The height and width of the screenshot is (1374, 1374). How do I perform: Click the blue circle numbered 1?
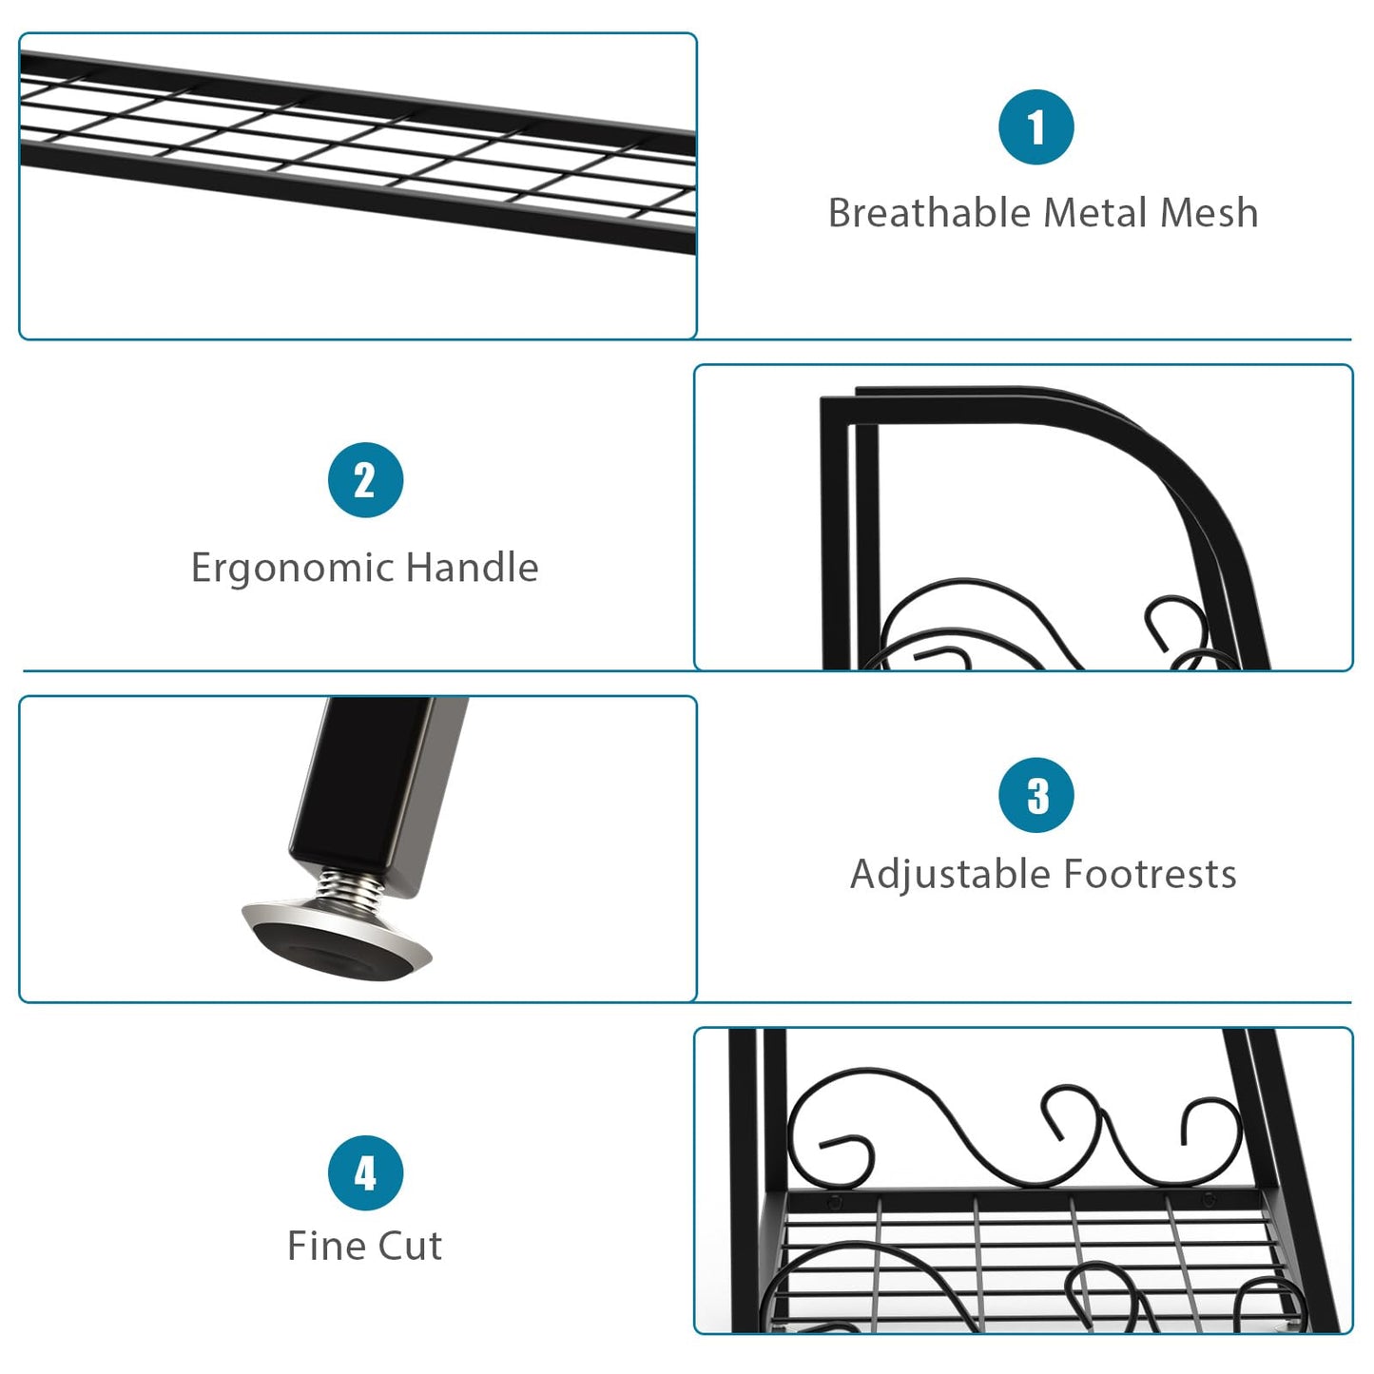coord(1036,126)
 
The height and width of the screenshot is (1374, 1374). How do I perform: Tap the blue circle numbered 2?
coord(366,480)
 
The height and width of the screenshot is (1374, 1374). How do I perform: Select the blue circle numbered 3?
coord(1036,794)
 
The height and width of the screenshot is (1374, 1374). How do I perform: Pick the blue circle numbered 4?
coord(366,1173)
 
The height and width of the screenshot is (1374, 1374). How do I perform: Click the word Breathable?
coord(930,212)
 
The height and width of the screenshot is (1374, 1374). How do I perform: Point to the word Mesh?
coord(1210,212)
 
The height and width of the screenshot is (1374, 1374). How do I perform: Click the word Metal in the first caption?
coord(1096,212)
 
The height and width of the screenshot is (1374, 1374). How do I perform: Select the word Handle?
coord(473,567)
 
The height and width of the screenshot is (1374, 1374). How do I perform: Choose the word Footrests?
coord(1151,874)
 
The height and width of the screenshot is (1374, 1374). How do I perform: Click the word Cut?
coord(410,1245)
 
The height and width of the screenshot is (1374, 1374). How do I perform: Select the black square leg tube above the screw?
coord(377,791)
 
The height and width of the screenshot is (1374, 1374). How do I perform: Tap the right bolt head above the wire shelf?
coord(1208,1201)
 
